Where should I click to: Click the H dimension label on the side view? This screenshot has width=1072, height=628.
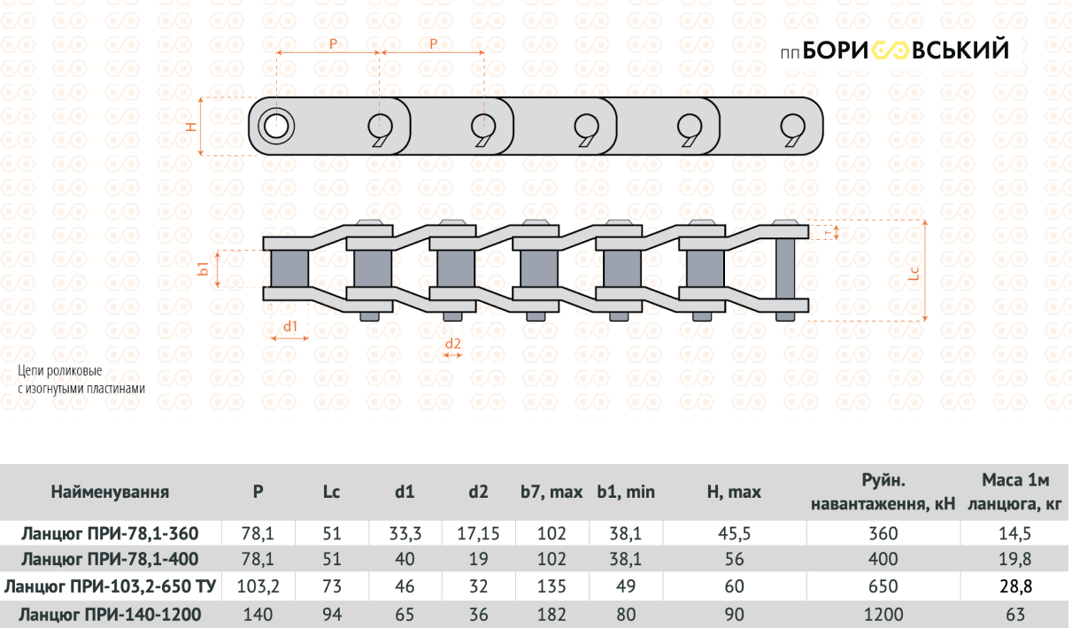(191, 127)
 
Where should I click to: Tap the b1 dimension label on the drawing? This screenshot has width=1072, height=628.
(203, 268)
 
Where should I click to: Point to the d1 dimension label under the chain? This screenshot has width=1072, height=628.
(290, 326)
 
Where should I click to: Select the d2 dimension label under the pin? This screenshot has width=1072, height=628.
(452, 344)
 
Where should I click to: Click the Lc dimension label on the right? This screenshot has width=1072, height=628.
(914, 273)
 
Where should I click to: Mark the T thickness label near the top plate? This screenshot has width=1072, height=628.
(829, 232)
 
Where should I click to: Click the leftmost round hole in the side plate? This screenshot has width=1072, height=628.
(276, 127)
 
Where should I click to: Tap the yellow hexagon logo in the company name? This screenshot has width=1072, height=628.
(890, 50)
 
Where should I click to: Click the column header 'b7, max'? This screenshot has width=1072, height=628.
(551, 492)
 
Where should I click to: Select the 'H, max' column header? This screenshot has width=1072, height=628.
(734, 492)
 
